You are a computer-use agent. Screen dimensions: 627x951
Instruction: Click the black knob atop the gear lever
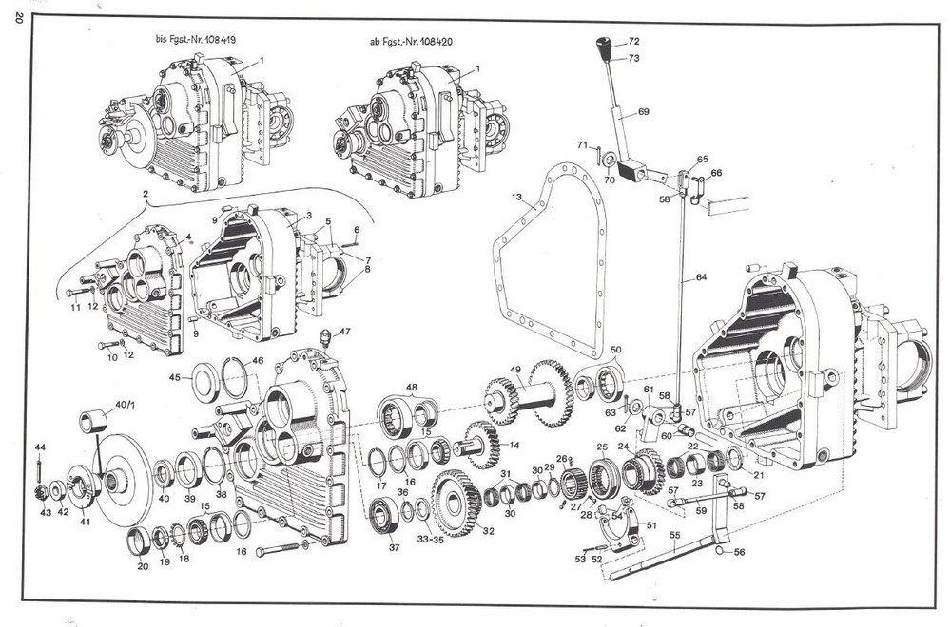(x=602, y=45)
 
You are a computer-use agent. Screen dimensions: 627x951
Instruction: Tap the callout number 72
(x=634, y=42)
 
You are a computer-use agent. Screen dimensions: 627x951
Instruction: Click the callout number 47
(x=344, y=331)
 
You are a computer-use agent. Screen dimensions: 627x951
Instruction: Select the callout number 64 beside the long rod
(x=701, y=277)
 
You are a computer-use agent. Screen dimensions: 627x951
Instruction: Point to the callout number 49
(x=515, y=369)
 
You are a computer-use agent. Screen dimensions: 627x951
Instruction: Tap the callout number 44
(x=40, y=446)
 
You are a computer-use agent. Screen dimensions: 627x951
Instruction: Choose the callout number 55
(x=674, y=536)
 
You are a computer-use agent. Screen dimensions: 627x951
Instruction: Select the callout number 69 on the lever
(x=644, y=112)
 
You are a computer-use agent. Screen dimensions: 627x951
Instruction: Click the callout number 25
(x=601, y=446)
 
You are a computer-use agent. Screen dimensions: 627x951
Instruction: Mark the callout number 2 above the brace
(x=145, y=195)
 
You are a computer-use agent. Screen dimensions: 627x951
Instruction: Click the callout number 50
(x=615, y=351)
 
